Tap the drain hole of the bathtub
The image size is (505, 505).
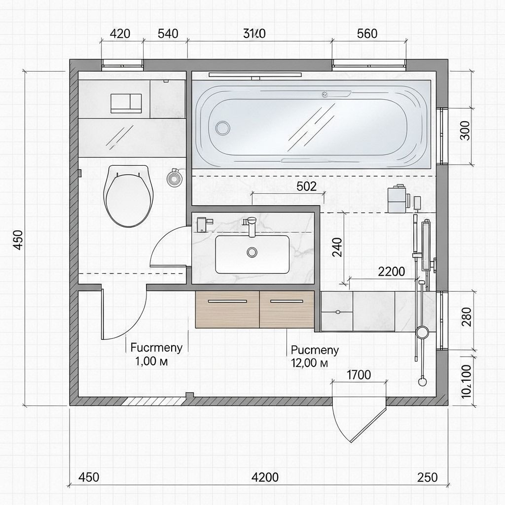pyautogui.click(x=223, y=128)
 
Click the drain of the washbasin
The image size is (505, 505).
pyautogui.click(x=252, y=252)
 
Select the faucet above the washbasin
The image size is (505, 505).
pyautogui.click(x=251, y=224)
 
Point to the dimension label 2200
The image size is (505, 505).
pyautogui.click(x=391, y=271)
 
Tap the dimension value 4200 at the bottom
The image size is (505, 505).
pyautogui.click(x=265, y=477)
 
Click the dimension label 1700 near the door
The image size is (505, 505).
pyautogui.click(x=359, y=374)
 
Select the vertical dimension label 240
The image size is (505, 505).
pyautogui.click(x=337, y=247)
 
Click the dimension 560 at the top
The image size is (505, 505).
pyautogui.click(x=366, y=34)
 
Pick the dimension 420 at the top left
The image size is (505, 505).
pyautogui.click(x=119, y=34)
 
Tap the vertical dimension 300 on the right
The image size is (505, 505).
pyautogui.click(x=465, y=130)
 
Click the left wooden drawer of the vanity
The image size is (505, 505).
pyautogui.click(x=227, y=309)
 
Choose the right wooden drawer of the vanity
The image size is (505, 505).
pyautogui.click(x=287, y=309)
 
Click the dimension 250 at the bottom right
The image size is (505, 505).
pyautogui.click(x=427, y=477)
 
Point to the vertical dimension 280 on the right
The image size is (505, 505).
pyautogui.click(x=465, y=317)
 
